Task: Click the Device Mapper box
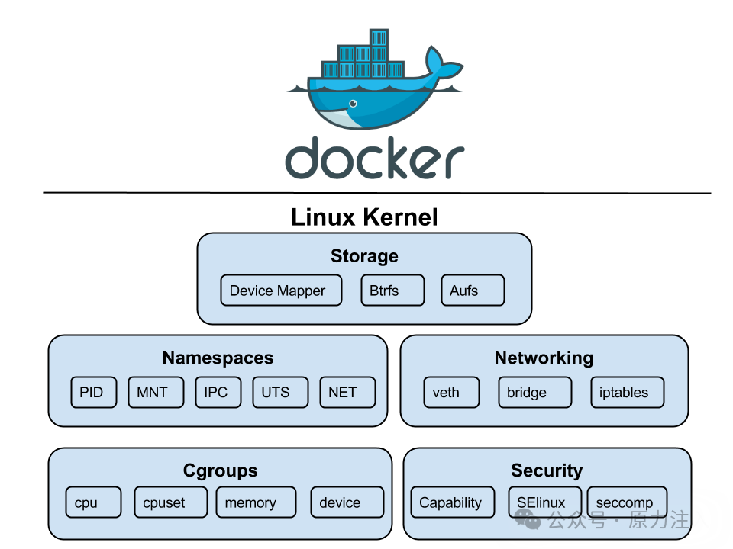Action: pyautogui.click(x=281, y=291)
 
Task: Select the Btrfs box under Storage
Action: pyautogui.click(x=392, y=291)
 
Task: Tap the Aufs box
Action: pyautogui.click(x=473, y=291)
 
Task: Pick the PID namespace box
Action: pyautogui.click(x=93, y=392)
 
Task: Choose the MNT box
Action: pyautogui.click(x=156, y=392)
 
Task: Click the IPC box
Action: pyautogui.click(x=218, y=392)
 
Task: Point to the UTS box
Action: pyautogui.click(x=280, y=392)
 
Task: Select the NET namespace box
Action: pyautogui.click(x=347, y=392)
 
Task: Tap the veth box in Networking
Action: pyautogui.click(x=451, y=392)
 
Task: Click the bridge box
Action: pyautogui.click(x=534, y=392)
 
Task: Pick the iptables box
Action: pyautogui.click(x=628, y=392)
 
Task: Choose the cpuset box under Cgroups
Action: pyautogui.click(x=170, y=502)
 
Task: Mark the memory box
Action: pyautogui.click(x=257, y=502)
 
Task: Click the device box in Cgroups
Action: pyautogui.click(x=347, y=502)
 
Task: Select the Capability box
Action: pyautogui.click(x=453, y=502)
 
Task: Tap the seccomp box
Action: pyautogui.click(x=627, y=502)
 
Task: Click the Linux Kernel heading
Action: pyautogui.click(x=364, y=217)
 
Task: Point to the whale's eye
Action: pyautogui.click(x=353, y=103)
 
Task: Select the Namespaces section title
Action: pyautogui.click(x=218, y=358)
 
